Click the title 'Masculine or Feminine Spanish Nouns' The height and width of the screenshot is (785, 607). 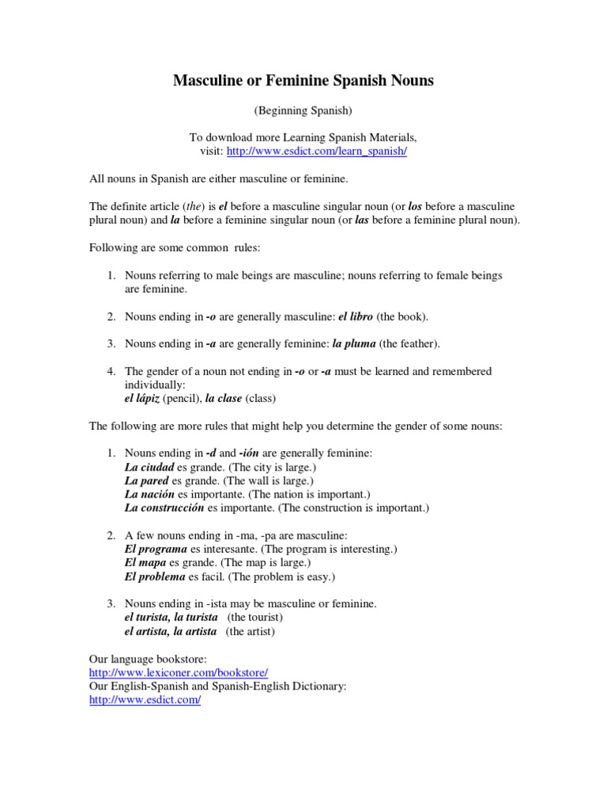pos(303,81)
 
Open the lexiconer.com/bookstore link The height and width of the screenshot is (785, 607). pos(179,672)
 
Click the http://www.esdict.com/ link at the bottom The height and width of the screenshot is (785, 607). pos(145,700)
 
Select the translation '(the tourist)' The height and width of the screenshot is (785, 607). pos(254,618)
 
